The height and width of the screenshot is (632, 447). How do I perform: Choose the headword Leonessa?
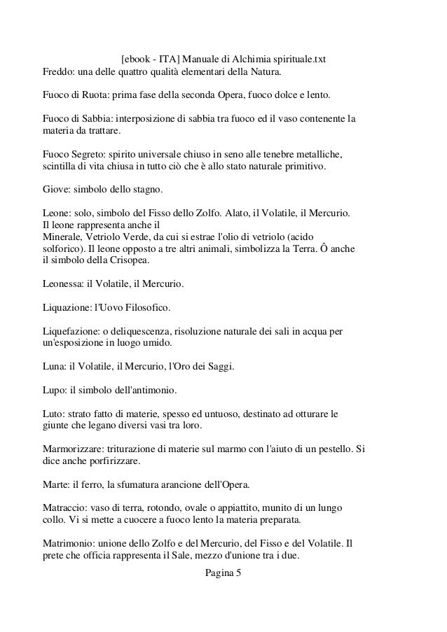click(x=60, y=284)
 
